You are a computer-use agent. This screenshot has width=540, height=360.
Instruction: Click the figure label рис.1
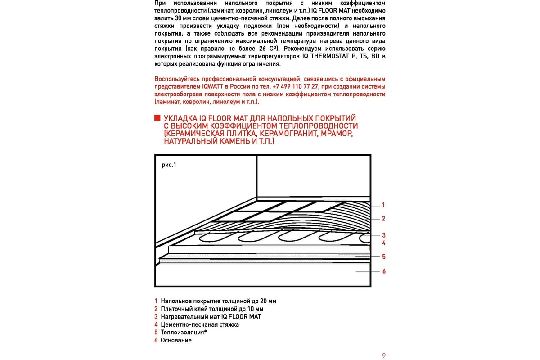pyautogui.click(x=169, y=165)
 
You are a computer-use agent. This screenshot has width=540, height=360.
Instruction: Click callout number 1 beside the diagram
pyautogui.click(x=383, y=205)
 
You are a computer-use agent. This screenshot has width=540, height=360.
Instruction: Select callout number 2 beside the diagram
pyautogui.click(x=383, y=219)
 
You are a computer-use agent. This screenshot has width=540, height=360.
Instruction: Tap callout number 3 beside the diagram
pyautogui.click(x=383, y=235)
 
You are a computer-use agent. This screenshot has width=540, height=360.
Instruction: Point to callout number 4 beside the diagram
pyautogui.click(x=383, y=243)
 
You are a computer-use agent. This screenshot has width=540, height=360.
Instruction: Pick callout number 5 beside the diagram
pyautogui.click(x=383, y=256)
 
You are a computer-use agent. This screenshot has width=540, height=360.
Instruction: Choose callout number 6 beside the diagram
pyautogui.click(x=383, y=271)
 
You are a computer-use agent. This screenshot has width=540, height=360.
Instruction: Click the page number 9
pyautogui.click(x=384, y=355)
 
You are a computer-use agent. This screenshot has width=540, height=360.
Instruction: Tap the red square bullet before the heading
pyautogui.click(x=157, y=118)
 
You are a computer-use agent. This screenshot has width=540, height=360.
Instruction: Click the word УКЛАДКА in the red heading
pyautogui.click(x=180, y=118)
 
